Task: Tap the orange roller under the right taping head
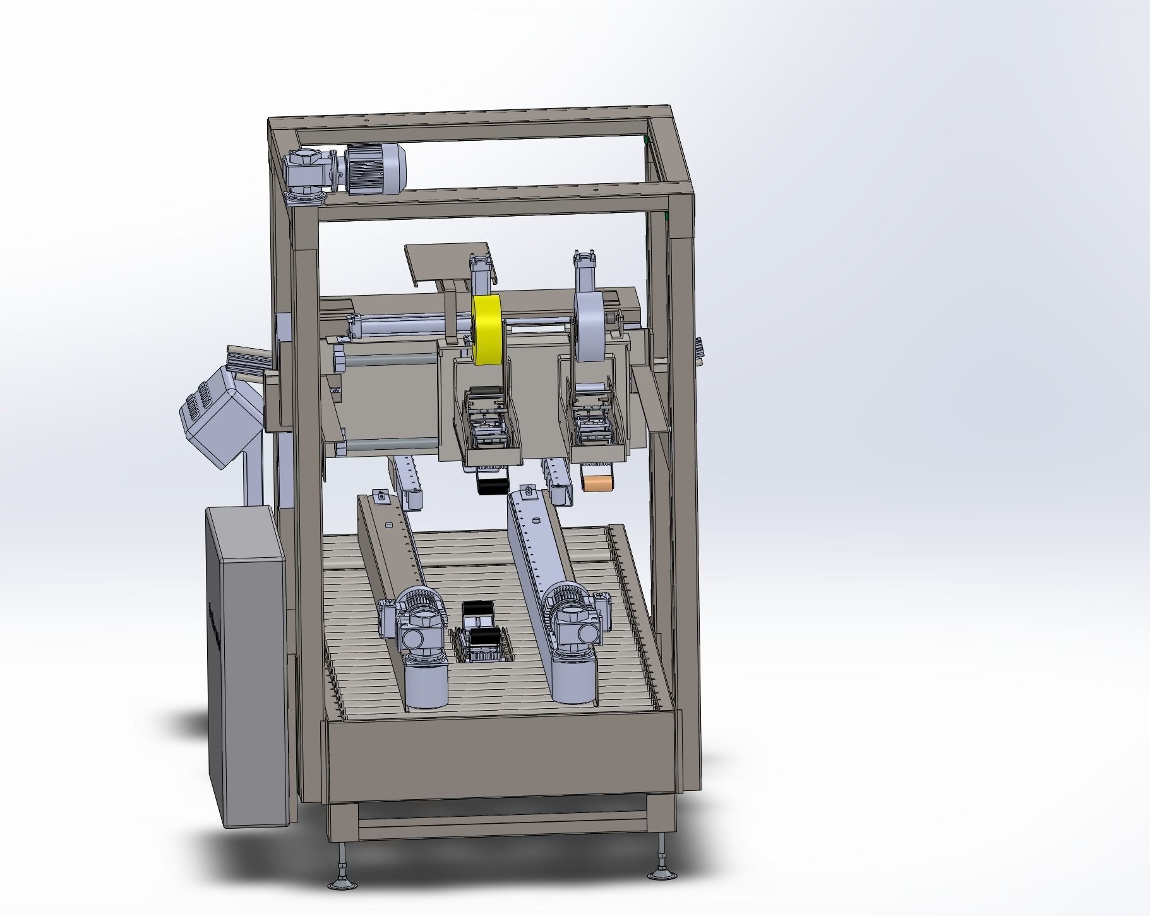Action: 597,483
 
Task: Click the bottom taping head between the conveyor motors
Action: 483,638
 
